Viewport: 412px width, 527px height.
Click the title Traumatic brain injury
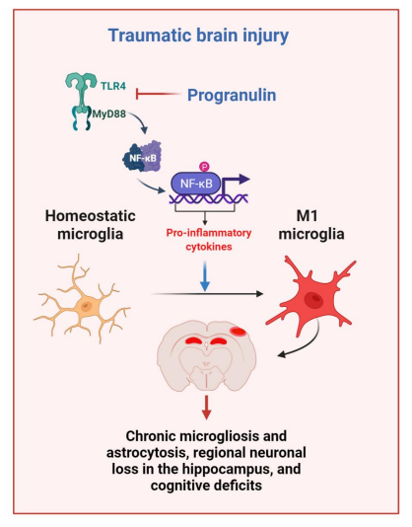point(198,36)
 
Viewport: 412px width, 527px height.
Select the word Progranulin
point(232,95)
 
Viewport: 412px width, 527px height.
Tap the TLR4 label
point(113,86)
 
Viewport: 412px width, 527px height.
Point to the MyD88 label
point(109,113)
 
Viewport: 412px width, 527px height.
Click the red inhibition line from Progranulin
point(158,94)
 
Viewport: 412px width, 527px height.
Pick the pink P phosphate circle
point(204,166)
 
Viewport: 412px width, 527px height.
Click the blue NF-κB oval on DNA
point(196,184)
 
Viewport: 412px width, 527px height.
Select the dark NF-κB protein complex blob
point(142,157)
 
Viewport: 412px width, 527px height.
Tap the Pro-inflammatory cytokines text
point(209,240)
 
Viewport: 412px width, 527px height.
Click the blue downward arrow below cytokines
point(205,276)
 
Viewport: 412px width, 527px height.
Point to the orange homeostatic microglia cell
point(82,299)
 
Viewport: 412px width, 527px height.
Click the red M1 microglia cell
point(310,296)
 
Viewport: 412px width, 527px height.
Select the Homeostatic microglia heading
point(91,225)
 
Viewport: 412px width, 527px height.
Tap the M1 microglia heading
point(311,225)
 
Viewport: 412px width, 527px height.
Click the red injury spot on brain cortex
point(239,332)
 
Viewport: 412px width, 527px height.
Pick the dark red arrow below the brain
point(206,408)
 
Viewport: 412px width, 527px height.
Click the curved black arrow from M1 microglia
point(308,346)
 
